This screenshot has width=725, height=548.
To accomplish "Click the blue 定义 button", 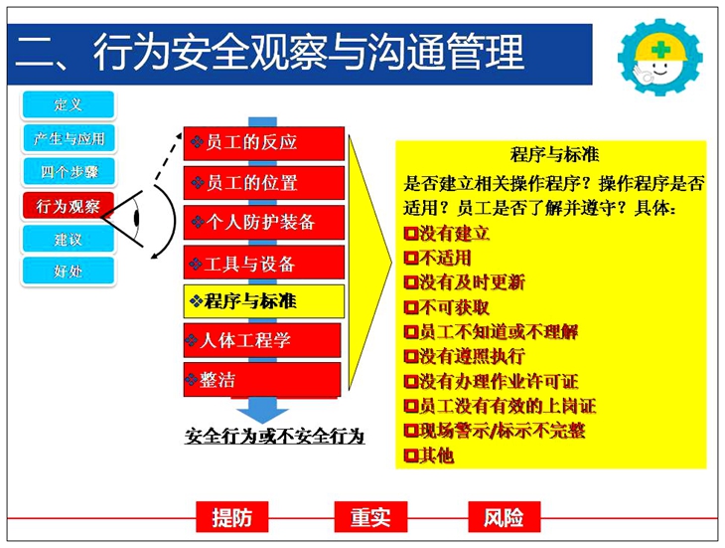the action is (x=68, y=104).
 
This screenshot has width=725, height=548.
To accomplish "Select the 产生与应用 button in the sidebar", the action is (x=69, y=138).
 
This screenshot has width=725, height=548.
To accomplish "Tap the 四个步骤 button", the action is (x=69, y=172).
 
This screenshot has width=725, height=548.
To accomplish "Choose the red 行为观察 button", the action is (x=68, y=206).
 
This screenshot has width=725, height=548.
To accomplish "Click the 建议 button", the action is (x=68, y=240).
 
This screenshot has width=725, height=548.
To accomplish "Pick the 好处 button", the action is (x=68, y=271).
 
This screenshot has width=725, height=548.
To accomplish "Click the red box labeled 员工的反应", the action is (x=264, y=143).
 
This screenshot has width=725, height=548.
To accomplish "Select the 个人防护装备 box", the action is (x=264, y=223).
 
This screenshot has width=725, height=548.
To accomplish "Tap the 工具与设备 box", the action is (x=264, y=263).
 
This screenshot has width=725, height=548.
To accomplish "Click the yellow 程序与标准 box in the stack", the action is (x=264, y=301).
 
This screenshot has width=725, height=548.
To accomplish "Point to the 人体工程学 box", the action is (x=262, y=341).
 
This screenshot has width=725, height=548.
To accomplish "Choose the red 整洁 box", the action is (x=262, y=380).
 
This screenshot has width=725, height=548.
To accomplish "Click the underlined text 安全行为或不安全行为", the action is (x=275, y=436).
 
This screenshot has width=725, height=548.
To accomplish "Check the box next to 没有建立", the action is (x=410, y=233).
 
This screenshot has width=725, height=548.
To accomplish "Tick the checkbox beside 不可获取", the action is (x=410, y=307).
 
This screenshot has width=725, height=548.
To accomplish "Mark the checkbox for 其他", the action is (x=410, y=456).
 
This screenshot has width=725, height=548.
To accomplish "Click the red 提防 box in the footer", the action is (x=232, y=517).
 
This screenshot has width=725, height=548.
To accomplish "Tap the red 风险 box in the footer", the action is (x=504, y=517).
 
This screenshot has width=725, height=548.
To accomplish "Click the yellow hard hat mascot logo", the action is (x=660, y=56).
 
